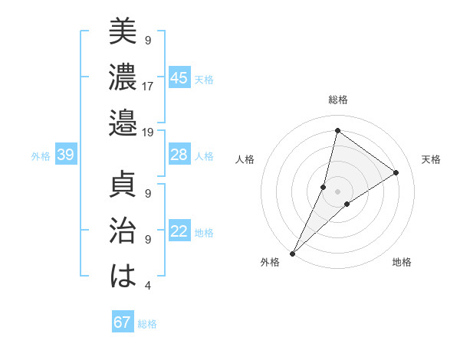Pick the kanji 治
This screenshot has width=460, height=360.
[123, 231]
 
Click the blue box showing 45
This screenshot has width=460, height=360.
[179, 78]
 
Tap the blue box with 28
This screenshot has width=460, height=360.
[179, 155]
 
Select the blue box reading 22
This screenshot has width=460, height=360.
[179, 231]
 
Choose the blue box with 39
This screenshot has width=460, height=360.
[65, 155]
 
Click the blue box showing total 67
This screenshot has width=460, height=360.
[123, 322]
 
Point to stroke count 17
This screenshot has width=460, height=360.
[148, 86]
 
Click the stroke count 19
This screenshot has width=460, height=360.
[148, 132]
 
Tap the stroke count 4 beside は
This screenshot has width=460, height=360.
[147, 286]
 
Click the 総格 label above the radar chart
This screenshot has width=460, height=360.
[338, 100]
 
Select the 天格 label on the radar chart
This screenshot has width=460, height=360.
[431, 159]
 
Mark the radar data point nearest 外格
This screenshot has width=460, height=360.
[292, 253]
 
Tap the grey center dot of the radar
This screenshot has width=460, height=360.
[337, 191]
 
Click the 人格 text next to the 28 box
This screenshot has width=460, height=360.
[204, 155]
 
